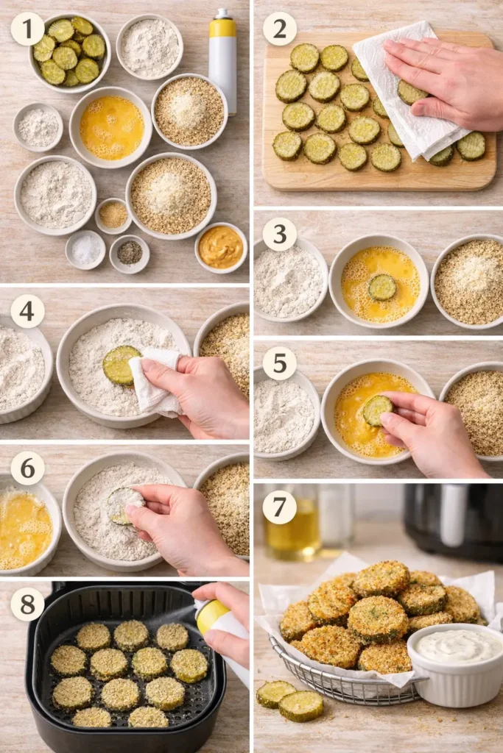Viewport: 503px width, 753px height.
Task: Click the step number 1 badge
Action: click(x=27, y=29)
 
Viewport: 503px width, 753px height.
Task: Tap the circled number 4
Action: click(x=27, y=311)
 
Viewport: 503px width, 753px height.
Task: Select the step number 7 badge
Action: click(x=280, y=507)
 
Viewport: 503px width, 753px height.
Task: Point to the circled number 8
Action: click(x=27, y=604)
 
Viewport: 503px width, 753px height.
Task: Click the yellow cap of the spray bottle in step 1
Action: click(x=222, y=26)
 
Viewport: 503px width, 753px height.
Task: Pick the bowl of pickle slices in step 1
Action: click(x=69, y=51)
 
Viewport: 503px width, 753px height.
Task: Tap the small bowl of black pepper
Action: click(x=130, y=253)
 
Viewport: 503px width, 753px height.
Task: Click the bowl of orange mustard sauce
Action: click(x=221, y=248)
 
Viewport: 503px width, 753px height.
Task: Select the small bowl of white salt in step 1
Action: click(x=85, y=250)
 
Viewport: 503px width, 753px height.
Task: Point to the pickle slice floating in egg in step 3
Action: click(x=382, y=287)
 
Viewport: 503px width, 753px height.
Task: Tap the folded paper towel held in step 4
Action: click(x=155, y=382)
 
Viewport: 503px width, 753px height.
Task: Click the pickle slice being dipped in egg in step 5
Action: click(x=377, y=410)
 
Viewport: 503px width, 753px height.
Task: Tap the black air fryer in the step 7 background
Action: click(x=452, y=519)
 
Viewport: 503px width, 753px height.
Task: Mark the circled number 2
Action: click(x=280, y=29)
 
